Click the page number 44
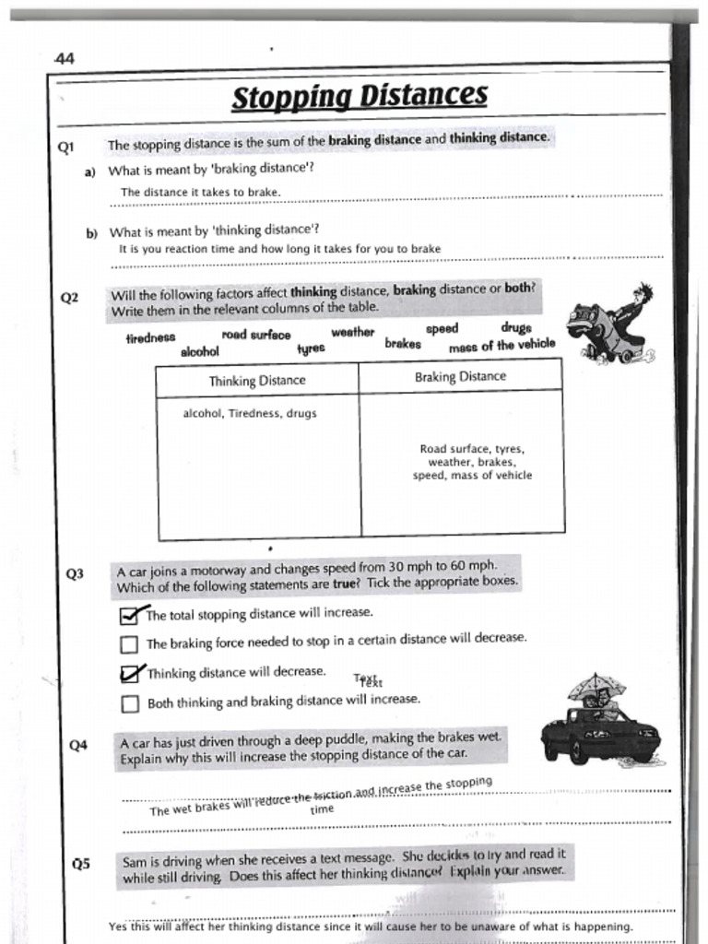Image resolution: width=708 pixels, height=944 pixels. click(65, 58)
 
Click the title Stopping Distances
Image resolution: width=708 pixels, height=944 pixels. click(359, 96)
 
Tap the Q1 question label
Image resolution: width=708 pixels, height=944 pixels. click(65, 147)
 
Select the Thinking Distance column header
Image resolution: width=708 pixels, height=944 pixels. click(257, 380)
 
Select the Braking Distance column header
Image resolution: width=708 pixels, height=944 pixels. click(460, 376)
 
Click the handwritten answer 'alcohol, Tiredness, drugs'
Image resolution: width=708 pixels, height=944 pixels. click(250, 414)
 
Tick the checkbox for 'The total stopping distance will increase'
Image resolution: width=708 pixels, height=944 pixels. click(129, 615)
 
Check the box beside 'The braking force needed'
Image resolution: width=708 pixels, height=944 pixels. click(129, 643)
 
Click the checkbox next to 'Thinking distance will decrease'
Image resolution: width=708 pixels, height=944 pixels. click(129, 674)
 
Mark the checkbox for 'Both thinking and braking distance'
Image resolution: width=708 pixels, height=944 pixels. click(129, 704)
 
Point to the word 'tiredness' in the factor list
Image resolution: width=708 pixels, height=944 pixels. click(150, 338)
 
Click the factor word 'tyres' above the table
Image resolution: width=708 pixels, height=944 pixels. click(311, 348)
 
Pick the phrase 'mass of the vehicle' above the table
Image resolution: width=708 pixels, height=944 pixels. click(501, 346)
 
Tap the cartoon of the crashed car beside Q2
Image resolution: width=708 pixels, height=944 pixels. click(608, 327)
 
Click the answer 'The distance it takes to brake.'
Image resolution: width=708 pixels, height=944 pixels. click(200, 192)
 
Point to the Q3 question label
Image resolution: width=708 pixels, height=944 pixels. click(75, 573)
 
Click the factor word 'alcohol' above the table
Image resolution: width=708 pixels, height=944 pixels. click(200, 351)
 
